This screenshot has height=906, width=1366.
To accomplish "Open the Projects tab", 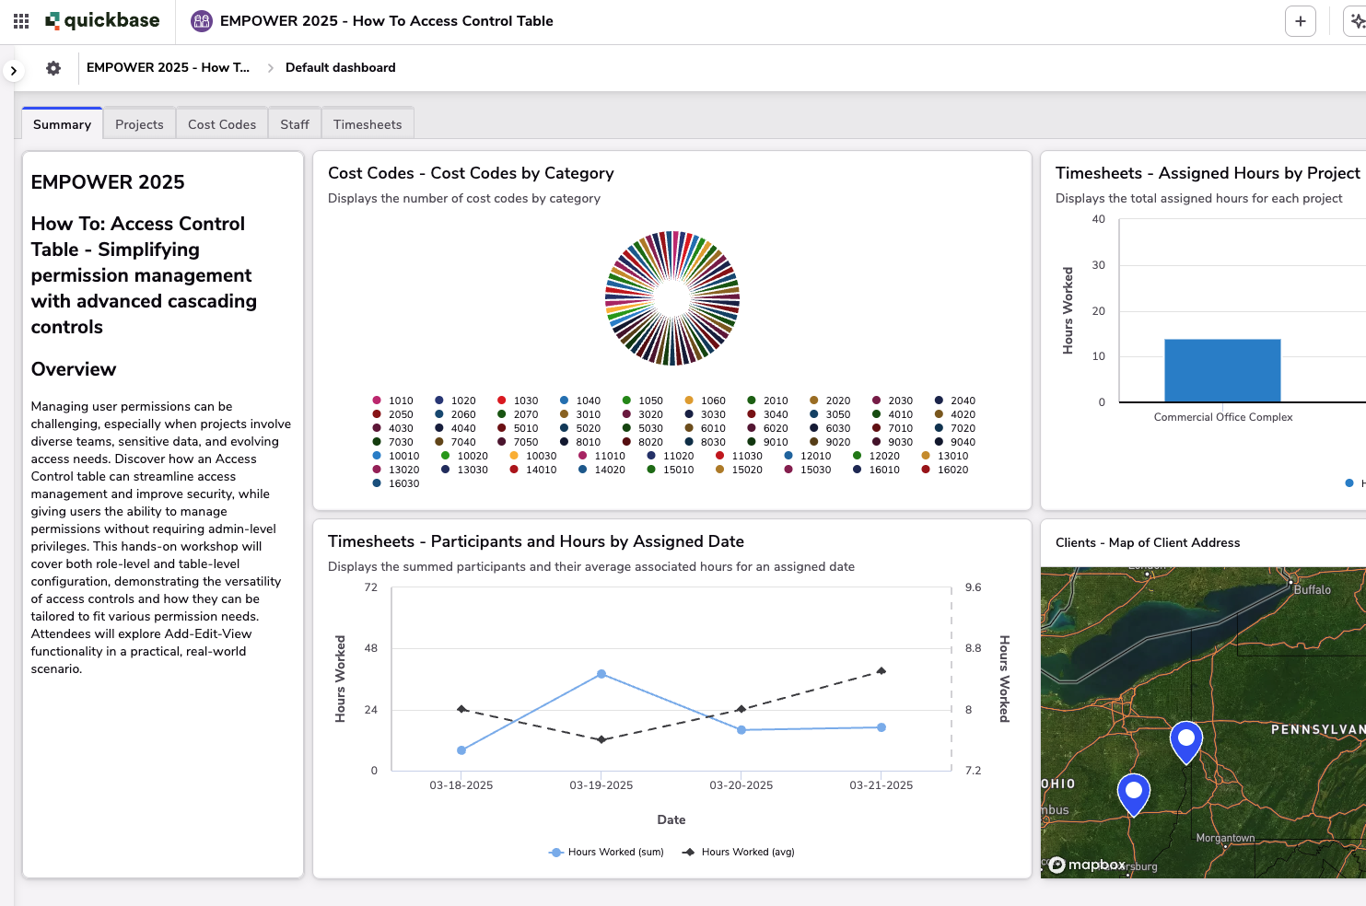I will [x=139, y=124].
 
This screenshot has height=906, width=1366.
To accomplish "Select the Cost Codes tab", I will [x=222, y=124].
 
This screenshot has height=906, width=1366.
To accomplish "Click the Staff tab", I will [x=295, y=124].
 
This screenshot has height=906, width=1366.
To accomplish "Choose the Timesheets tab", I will [x=368, y=124].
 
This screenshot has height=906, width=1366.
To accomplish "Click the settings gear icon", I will [x=53, y=68].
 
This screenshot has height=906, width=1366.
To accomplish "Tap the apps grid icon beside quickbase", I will [x=21, y=21].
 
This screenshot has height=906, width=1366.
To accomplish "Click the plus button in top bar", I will [x=1300, y=21].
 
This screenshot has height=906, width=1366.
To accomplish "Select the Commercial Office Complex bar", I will [x=1222, y=370].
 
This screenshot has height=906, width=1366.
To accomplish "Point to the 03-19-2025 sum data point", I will [x=601, y=674].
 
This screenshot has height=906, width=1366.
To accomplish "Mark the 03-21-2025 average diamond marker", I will [x=881, y=671].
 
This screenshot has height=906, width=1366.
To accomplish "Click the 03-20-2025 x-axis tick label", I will [x=741, y=785].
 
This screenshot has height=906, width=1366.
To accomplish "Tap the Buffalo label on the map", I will [x=1312, y=589].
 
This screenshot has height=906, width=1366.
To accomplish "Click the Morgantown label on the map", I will [x=1225, y=838].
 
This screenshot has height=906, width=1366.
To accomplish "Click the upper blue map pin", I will [x=1186, y=738].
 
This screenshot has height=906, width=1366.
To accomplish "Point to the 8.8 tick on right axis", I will [x=973, y=648].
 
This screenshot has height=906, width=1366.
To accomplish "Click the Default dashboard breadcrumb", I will [x=340, y=68].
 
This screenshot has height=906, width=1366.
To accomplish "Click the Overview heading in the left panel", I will [x=74, y=369].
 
